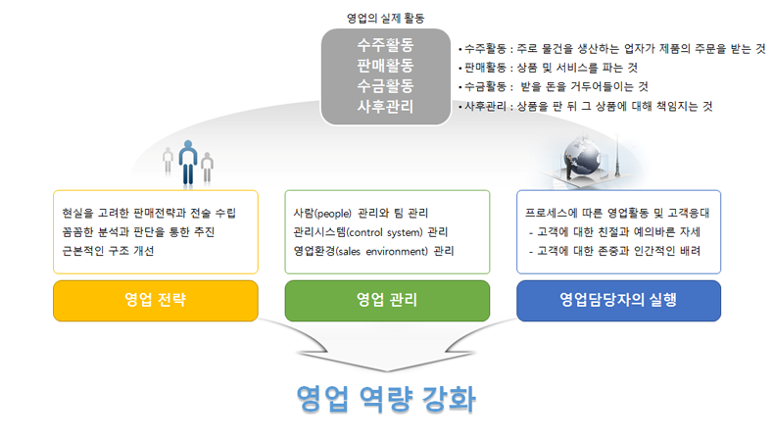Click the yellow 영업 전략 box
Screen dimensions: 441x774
point(156,300)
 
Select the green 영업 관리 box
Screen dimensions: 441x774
point(387,300)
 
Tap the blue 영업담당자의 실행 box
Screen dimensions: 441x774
point(618,300)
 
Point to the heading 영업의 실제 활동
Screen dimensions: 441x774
point(386,18)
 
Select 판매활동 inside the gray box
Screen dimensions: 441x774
point(386,66)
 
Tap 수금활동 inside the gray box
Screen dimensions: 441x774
point(386,85)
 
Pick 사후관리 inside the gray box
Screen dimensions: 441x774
point(386,106)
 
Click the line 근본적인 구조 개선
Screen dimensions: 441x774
point(107,251)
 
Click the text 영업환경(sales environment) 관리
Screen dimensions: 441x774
point(373,251)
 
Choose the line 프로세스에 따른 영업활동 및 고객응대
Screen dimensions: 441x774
point(618,213)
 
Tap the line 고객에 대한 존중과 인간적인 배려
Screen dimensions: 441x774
point(618,251)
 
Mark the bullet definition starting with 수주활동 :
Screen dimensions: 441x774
point(612,47)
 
